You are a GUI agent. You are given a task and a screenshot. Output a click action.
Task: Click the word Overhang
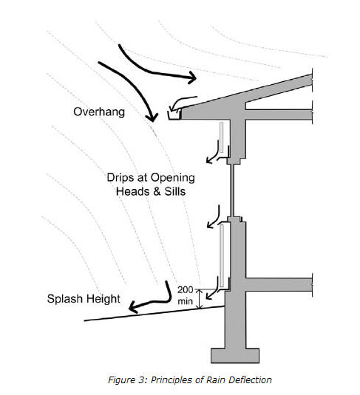coord(99,111)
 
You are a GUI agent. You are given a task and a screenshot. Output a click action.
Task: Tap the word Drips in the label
coord(119,177)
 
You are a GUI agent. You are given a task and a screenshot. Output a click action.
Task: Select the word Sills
coord(175,191)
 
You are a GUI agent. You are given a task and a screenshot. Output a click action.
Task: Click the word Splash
coord(65,299)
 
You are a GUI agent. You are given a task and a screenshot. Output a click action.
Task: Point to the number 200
coord(185,290)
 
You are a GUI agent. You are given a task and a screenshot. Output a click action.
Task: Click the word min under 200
coord(185,301)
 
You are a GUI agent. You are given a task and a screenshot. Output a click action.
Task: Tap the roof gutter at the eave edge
coord(174,114)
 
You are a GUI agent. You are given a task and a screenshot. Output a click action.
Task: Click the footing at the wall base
coord(235,356)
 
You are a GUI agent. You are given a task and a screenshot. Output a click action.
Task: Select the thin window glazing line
coord(232,190)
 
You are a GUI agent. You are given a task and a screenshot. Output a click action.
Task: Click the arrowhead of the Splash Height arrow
coord(132,308)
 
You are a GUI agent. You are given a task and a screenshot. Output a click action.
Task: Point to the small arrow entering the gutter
coord(182,103)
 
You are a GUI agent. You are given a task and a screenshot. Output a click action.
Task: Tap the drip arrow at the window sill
coord(214,217)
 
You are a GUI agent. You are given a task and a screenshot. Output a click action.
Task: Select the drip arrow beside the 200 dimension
coord(212,288)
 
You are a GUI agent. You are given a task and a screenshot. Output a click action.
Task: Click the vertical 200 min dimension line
coord(200,299)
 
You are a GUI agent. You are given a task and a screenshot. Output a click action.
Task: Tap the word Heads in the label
coord(133,191)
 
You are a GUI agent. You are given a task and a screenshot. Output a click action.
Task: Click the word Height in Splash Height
coord(103,299)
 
